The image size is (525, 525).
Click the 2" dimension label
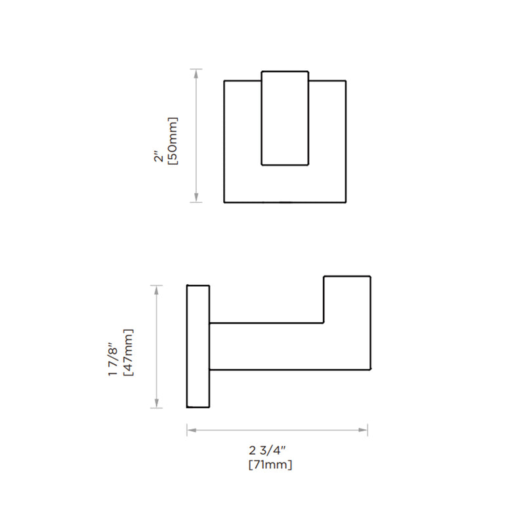157,159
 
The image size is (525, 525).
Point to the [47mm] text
129,352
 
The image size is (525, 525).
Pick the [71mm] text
270,465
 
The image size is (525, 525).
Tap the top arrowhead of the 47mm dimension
156,289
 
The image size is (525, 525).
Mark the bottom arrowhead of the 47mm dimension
156,404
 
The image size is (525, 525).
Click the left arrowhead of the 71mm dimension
191,430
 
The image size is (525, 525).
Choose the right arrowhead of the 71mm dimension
364,430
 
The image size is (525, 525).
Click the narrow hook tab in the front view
285,118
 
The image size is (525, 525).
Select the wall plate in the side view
198,346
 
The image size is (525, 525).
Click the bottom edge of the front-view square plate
285,202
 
